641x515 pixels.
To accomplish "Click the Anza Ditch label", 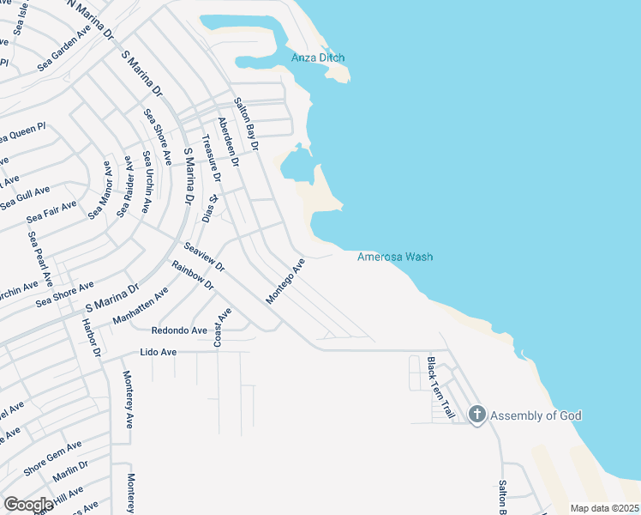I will click(317, 58).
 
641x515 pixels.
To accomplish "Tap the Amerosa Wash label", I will click(395, 257).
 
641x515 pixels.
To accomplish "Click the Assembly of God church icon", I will click(476, 415).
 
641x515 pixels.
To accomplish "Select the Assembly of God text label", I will click(536, 416).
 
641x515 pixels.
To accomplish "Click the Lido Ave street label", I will click(158, 352).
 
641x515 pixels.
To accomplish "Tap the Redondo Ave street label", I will click(179, 330).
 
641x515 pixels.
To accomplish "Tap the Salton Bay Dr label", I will click(246, 124).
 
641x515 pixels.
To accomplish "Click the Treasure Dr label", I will click(211, 160).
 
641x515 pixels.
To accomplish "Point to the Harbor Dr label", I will click(90, 338).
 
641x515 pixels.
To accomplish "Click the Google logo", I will click(28, 505).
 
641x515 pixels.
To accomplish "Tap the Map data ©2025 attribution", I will click(604, 508).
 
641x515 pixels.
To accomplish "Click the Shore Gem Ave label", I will click(53, 457).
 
